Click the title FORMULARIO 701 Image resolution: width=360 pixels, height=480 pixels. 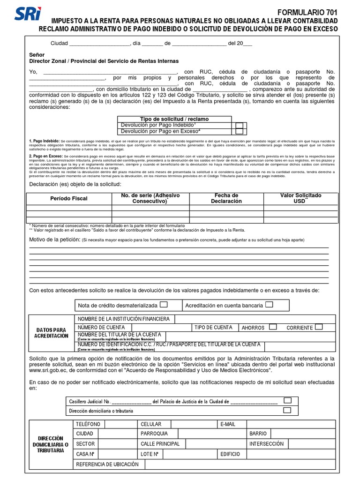[x=307, y=13]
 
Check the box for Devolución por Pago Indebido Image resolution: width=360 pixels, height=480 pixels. [x=240, y=126]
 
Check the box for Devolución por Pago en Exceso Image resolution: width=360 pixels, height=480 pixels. [x=240, y=132]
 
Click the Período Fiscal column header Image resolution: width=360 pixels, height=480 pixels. [x=69, y=198]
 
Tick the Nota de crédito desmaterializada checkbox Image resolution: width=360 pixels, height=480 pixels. [x=164, y=304]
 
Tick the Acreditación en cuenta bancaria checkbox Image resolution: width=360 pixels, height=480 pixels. [x=269, y=304]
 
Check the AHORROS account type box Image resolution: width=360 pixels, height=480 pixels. [x=273, y=327]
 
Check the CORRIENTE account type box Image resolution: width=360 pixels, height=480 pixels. [x=319, y=327]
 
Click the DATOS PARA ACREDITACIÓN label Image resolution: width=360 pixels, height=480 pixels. [x=51, y=333]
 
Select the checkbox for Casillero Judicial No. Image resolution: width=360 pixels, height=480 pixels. [x=287, y=400]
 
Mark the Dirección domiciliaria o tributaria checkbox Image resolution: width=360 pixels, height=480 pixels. [x=287, y=410]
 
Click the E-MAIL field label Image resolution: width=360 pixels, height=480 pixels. [x=227, y=424]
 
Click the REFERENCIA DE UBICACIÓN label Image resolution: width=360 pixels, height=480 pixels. [x=107, y=464]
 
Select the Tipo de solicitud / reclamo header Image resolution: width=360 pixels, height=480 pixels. [x=174, y=119]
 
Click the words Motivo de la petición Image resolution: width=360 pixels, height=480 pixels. [x=54, y=240]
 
